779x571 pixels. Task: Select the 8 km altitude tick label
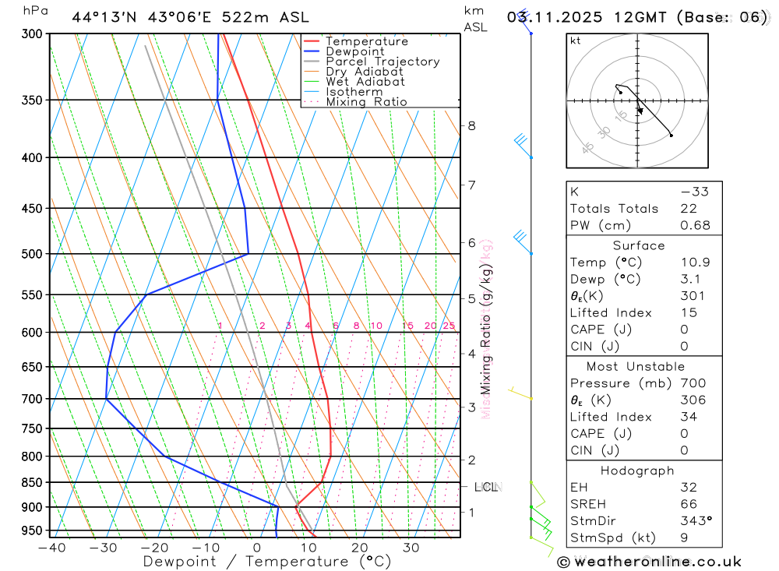(x=472, y=125)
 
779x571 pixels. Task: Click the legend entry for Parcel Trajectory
(x=382, y=62)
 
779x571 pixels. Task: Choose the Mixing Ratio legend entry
(x=366, y=102)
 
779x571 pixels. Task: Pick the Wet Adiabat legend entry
(x=365, y=82)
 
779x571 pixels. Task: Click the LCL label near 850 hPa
(x=486, y=488)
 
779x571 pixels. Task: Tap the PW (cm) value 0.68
(x=695, y=225)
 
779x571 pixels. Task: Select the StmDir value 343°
(x=695, y=521)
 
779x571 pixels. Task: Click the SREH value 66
(x=689, y=504)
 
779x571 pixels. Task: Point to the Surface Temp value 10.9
(x=695, y=263)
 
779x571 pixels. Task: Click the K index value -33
(x=692, y=192)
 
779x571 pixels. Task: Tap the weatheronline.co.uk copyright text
(x=650, y=562)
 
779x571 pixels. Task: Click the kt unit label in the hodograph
(x=576, y=41)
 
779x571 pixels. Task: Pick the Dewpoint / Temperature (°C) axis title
(x=266, y=561)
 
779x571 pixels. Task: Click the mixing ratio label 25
(x=449, y=326)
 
